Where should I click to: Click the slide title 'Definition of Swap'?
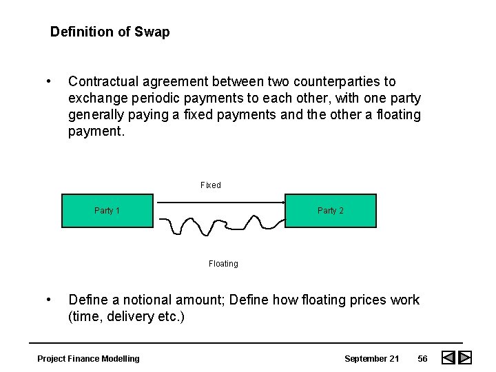[x=110, y=32]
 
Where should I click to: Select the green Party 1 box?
[x=107, y=211]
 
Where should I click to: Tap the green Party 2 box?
[x=331, y=211]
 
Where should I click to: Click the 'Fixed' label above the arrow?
[x=211, y=185]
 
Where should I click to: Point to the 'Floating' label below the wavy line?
[x=223, y=263]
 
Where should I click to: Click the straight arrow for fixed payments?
[x=220, y=203]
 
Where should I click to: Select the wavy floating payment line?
[x=220, y=224]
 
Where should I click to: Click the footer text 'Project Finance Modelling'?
[x=88, y=358]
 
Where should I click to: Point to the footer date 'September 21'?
[x=372, y=358]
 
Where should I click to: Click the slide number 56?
[x=422, y=358]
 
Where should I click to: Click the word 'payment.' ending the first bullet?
[x=96, y=131]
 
